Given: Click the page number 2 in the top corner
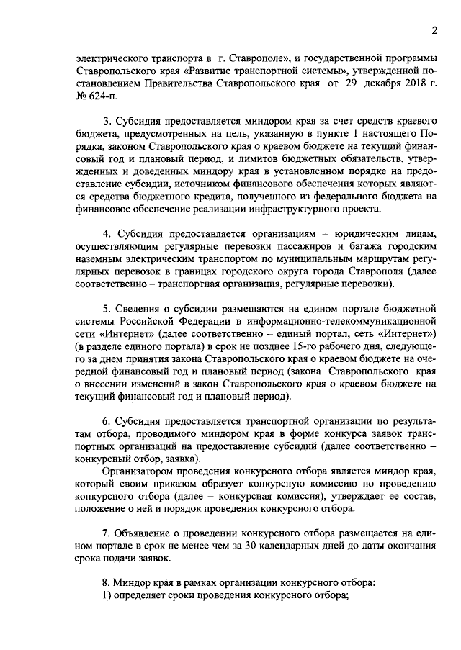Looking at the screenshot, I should point(434,30).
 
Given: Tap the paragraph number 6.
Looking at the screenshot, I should point(106,420).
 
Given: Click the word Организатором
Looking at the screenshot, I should point(141,470).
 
